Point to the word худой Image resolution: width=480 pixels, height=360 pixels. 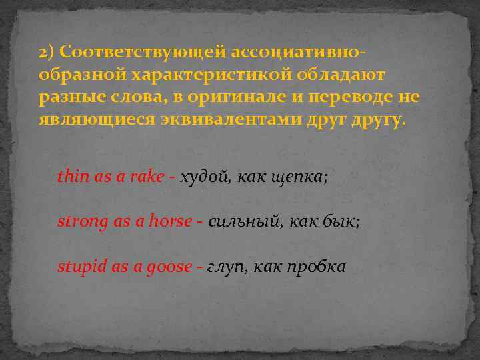click(203, 177)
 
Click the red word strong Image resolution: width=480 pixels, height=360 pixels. click(82, 222)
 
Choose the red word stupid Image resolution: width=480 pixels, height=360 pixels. click(81, 267)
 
